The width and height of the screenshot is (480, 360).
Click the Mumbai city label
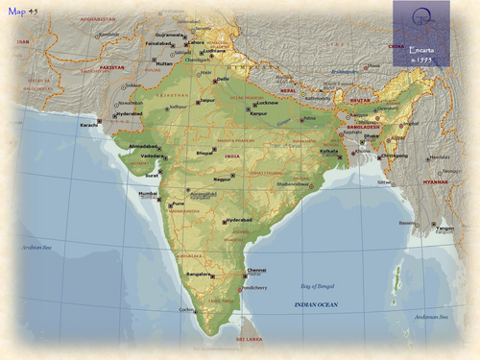click(148, 194)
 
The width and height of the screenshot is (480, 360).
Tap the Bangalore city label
click(200, 275)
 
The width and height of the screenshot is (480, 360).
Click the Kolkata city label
click(329, 151)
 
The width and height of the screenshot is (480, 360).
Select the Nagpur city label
click(223, 179)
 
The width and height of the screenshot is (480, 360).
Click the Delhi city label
click(223, 80)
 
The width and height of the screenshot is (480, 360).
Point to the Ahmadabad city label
click(143, 147)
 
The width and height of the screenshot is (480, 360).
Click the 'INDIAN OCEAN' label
click(317, 304)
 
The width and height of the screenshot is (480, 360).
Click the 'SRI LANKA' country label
click(249, 339)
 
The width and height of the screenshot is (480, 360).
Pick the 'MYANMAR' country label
click(435, 181)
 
